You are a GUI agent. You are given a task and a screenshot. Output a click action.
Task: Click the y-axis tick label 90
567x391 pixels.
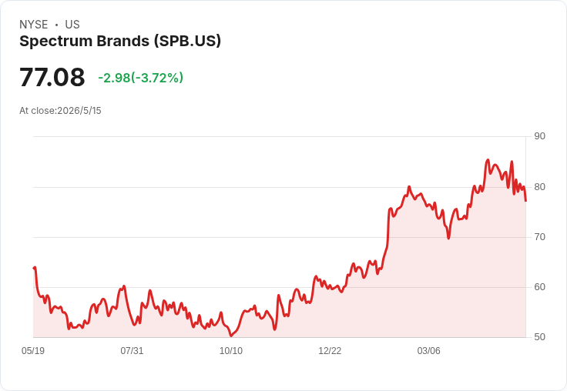click(539, 136)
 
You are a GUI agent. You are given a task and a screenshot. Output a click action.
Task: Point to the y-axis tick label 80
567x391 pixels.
click(539, 187)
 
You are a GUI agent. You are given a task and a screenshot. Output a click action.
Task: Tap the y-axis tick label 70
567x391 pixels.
click(539, 237)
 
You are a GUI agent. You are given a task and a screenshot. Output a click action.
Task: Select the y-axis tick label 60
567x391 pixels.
click(539, 287)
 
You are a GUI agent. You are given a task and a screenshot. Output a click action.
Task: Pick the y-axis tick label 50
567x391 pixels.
click(539, 337)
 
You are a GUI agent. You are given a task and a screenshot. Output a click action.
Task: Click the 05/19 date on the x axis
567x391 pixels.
click(33, 351)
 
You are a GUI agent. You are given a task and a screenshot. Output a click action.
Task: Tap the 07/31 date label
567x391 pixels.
click(132, 351)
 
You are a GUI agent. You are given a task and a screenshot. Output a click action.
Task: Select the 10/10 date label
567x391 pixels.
click(231, 351)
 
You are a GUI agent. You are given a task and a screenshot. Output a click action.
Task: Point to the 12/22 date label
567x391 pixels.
click(330, 351)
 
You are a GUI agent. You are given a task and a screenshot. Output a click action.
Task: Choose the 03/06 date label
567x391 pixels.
click(429, 351)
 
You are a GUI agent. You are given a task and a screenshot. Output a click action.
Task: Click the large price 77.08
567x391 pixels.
click(52, 77)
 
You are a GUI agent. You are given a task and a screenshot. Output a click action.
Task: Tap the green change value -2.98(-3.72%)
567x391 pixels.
click(141, 78)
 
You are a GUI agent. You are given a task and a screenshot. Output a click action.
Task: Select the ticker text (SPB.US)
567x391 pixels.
click(187, 42)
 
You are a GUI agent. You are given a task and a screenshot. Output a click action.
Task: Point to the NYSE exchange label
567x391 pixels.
click(34, 25)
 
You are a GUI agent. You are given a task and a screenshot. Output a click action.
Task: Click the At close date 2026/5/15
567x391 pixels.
click(79, 111)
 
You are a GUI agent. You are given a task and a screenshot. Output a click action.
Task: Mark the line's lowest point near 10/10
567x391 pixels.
click(231, 336)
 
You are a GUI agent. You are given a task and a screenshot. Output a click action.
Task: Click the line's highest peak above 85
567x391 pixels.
click(488, 159)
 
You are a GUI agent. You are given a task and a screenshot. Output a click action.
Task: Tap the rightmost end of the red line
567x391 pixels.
click(525, 201)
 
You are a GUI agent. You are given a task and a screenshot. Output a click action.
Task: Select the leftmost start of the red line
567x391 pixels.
click(34, 268)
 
